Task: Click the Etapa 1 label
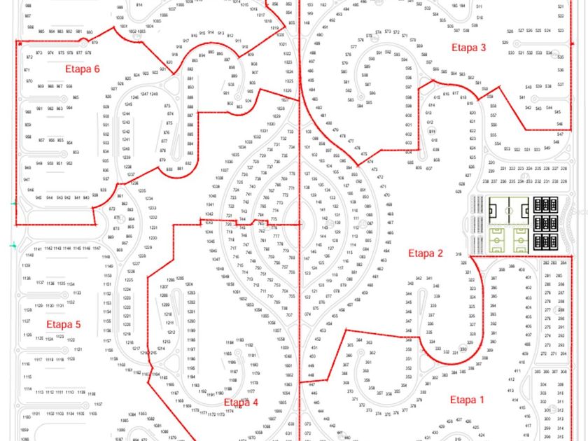[x=467, y=400]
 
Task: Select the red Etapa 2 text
[x=426, y=253]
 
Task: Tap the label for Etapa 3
[x=468, y=48]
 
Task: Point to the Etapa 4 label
[x=241, y=402]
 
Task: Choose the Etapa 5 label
[x=64, y=324]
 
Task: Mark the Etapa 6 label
[x=83, y=69]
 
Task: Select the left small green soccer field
[x=498, y=240]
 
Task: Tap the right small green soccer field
[x=520, y=240]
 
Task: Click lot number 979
[x=94, y=43]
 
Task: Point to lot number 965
[x=76, y=97]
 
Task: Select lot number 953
[x=76, y=152]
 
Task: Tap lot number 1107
[x=99, y=404]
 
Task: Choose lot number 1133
[x=77, y=293]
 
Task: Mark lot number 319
[x=458, y=254]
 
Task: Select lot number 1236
[x=134, y=183]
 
